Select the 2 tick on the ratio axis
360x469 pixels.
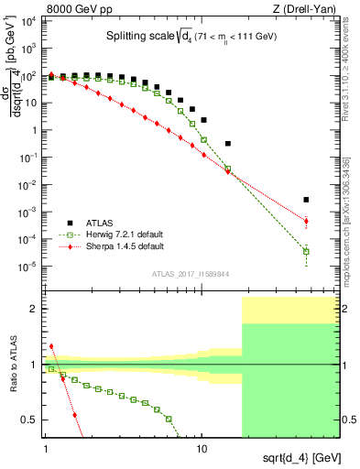click(x=36, y=309)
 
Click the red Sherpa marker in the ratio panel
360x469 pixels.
click(x=51, y=347)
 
